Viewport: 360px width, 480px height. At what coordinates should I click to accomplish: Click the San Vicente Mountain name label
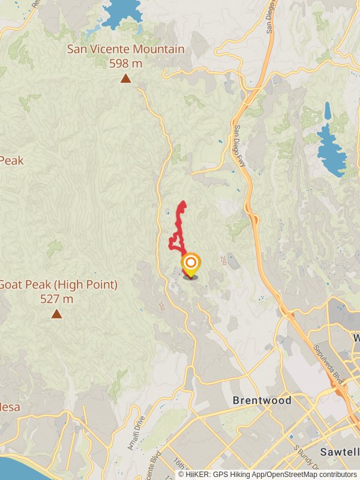point(125,49)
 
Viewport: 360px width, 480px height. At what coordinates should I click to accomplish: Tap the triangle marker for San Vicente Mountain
point(125,78)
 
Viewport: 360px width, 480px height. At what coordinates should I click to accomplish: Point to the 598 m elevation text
point(125,63)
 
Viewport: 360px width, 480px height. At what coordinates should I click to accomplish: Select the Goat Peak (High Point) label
point(58,284)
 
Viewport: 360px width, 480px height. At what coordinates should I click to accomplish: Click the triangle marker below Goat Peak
point(56,314)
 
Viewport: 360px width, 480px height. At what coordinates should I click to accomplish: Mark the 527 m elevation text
point(57,298)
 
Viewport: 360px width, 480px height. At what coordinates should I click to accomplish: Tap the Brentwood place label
point(262,400)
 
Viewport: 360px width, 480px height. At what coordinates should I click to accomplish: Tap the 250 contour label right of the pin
point(223,260)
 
